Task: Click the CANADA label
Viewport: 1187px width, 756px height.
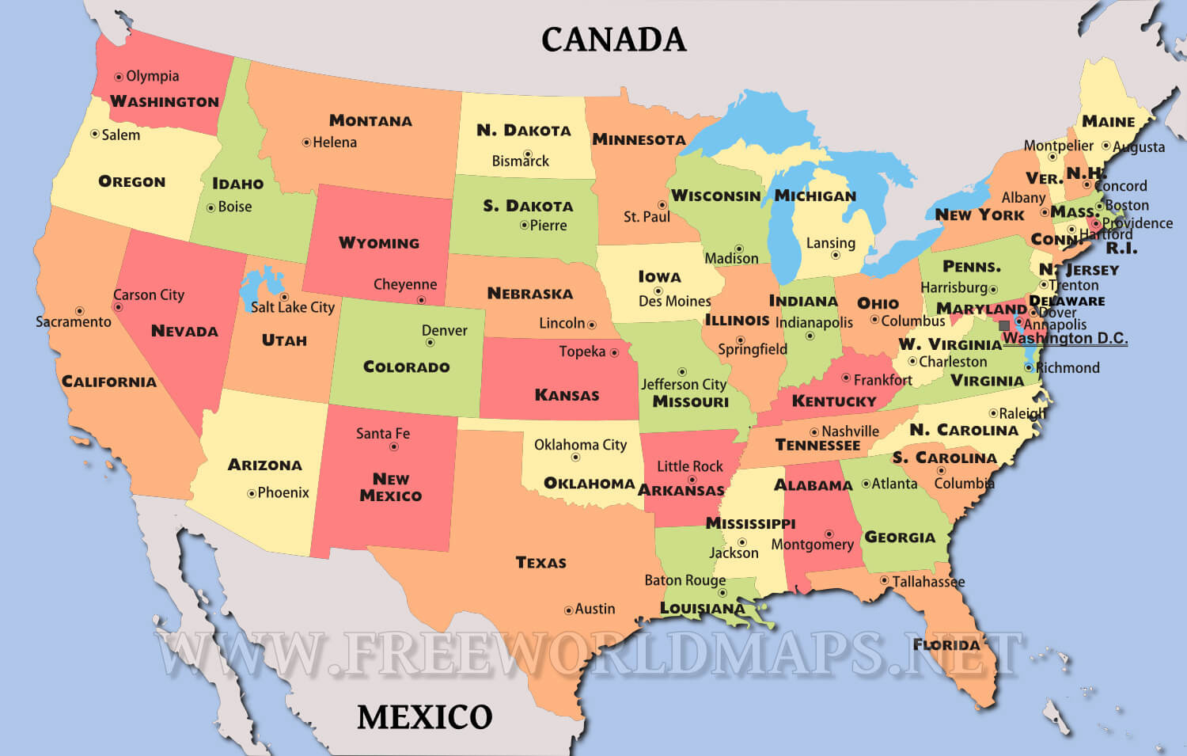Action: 613,40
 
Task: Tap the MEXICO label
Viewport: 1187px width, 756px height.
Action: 425,717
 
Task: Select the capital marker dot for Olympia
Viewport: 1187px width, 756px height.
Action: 119,77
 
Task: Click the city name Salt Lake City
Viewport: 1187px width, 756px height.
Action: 293,307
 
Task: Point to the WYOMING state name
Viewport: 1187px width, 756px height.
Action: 379,243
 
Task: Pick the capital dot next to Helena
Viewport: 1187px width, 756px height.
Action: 306,142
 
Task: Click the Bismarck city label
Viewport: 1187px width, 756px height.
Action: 520,161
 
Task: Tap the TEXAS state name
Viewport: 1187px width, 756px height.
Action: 541,563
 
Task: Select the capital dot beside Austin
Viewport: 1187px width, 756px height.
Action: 568,610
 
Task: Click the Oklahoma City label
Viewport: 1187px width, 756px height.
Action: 580,445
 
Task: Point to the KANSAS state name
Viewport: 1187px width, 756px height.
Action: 567,395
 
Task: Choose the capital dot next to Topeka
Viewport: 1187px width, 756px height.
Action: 614,352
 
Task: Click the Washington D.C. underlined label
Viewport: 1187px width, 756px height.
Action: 1065,339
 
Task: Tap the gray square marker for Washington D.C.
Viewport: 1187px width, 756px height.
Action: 1004,325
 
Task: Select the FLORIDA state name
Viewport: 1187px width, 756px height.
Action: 946,644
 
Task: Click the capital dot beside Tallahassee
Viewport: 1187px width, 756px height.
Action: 885,580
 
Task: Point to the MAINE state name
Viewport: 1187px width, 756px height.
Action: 1108,122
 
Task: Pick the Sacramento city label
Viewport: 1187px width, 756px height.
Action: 74,322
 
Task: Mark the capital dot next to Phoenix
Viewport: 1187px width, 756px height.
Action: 252,493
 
